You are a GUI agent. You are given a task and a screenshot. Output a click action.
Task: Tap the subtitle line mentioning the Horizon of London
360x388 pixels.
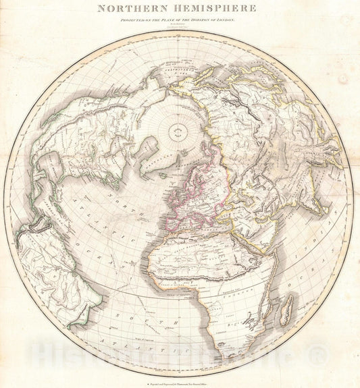(x=177, y=20)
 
